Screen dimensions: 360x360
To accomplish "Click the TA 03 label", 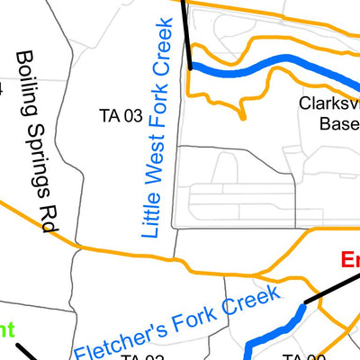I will (121, 115).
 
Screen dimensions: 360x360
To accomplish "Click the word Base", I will (339, 124).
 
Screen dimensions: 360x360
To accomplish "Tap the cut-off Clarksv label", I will (329, 104).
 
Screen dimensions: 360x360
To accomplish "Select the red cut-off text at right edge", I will (350, 262).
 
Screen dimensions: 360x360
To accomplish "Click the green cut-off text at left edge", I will (7, 330).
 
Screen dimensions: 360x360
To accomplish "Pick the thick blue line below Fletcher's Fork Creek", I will (274, 329).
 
